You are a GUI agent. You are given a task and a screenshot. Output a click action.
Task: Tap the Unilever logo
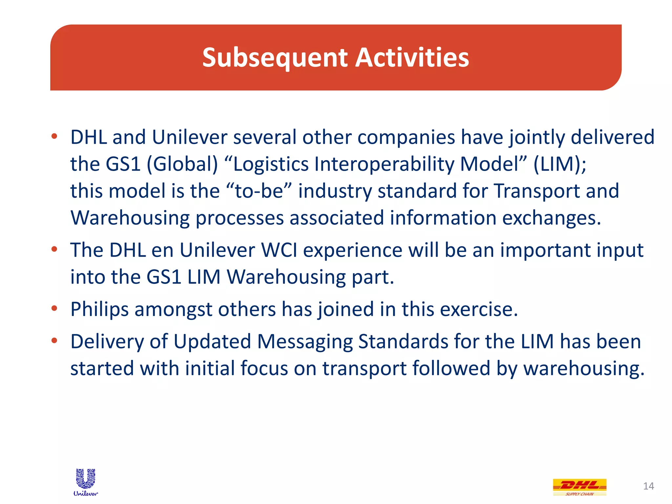86,482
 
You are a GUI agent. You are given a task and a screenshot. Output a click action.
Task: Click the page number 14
648,486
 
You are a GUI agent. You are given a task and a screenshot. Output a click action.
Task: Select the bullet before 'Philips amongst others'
54,308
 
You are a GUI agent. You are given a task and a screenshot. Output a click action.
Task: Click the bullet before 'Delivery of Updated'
54,341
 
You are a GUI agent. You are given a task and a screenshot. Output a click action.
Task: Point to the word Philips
99,309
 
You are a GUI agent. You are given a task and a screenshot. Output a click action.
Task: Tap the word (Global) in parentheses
182,164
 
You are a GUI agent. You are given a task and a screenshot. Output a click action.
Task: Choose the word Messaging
305,342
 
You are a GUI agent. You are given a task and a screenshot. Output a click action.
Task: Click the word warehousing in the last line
584,368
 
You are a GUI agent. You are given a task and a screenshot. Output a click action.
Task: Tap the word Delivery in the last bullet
107,342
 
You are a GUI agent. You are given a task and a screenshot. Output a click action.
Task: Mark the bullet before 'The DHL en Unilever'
54,250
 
